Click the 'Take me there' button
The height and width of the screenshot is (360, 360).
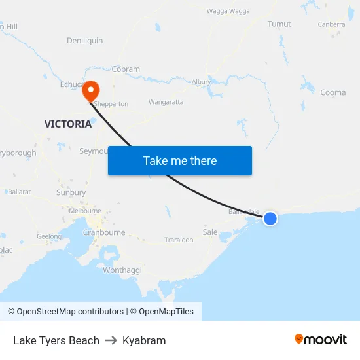[x=180, y=161]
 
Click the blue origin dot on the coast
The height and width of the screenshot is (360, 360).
[x=270, y=219]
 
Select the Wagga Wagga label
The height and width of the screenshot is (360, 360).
[x=228, y=11]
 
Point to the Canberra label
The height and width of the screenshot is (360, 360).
[x=331, y=24]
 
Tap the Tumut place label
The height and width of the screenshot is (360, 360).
[x=279, y=24]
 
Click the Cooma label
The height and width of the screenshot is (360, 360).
[x=333, y=92]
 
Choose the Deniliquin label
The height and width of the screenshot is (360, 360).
[x=84, y=41]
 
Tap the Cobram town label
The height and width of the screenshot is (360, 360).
[x=126, y=69]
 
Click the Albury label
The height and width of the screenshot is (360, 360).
[x=201, y=82]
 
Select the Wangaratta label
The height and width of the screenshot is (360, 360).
[x=166, y=102]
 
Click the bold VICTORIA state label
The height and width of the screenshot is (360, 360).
[x=68, y=124]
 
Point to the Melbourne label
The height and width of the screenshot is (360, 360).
[x=85, y=211]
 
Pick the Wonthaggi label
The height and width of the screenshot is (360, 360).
[x=122, y=270]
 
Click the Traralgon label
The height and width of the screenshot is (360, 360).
[x=179, y=240]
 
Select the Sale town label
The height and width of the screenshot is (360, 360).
[x=210, y=232]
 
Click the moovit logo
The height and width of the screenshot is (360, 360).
[x=320, y=339]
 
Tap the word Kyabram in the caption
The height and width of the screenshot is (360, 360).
[x=144, y=340]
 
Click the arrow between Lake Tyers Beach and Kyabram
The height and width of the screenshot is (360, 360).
[x=111, y=340]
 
